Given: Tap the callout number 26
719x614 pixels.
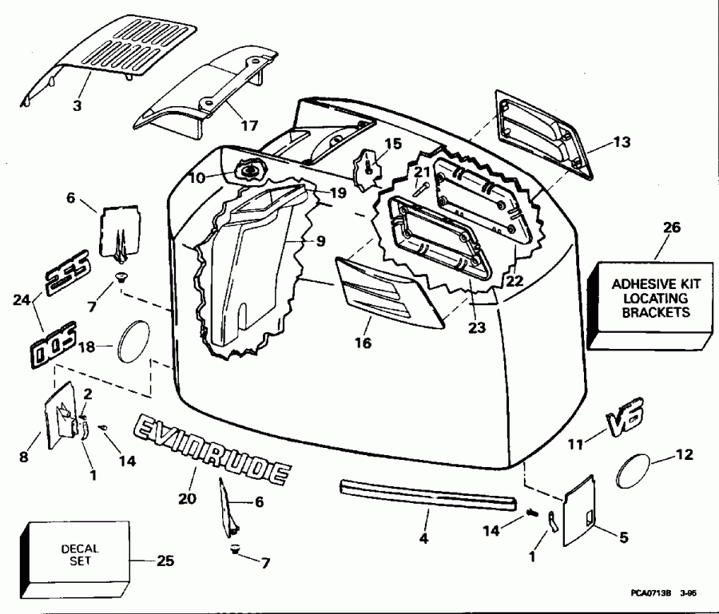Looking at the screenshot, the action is (x=672, y=228).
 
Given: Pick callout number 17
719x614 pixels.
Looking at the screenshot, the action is (x=250, y=125).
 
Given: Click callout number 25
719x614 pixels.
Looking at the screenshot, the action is (x=165, y=561).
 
